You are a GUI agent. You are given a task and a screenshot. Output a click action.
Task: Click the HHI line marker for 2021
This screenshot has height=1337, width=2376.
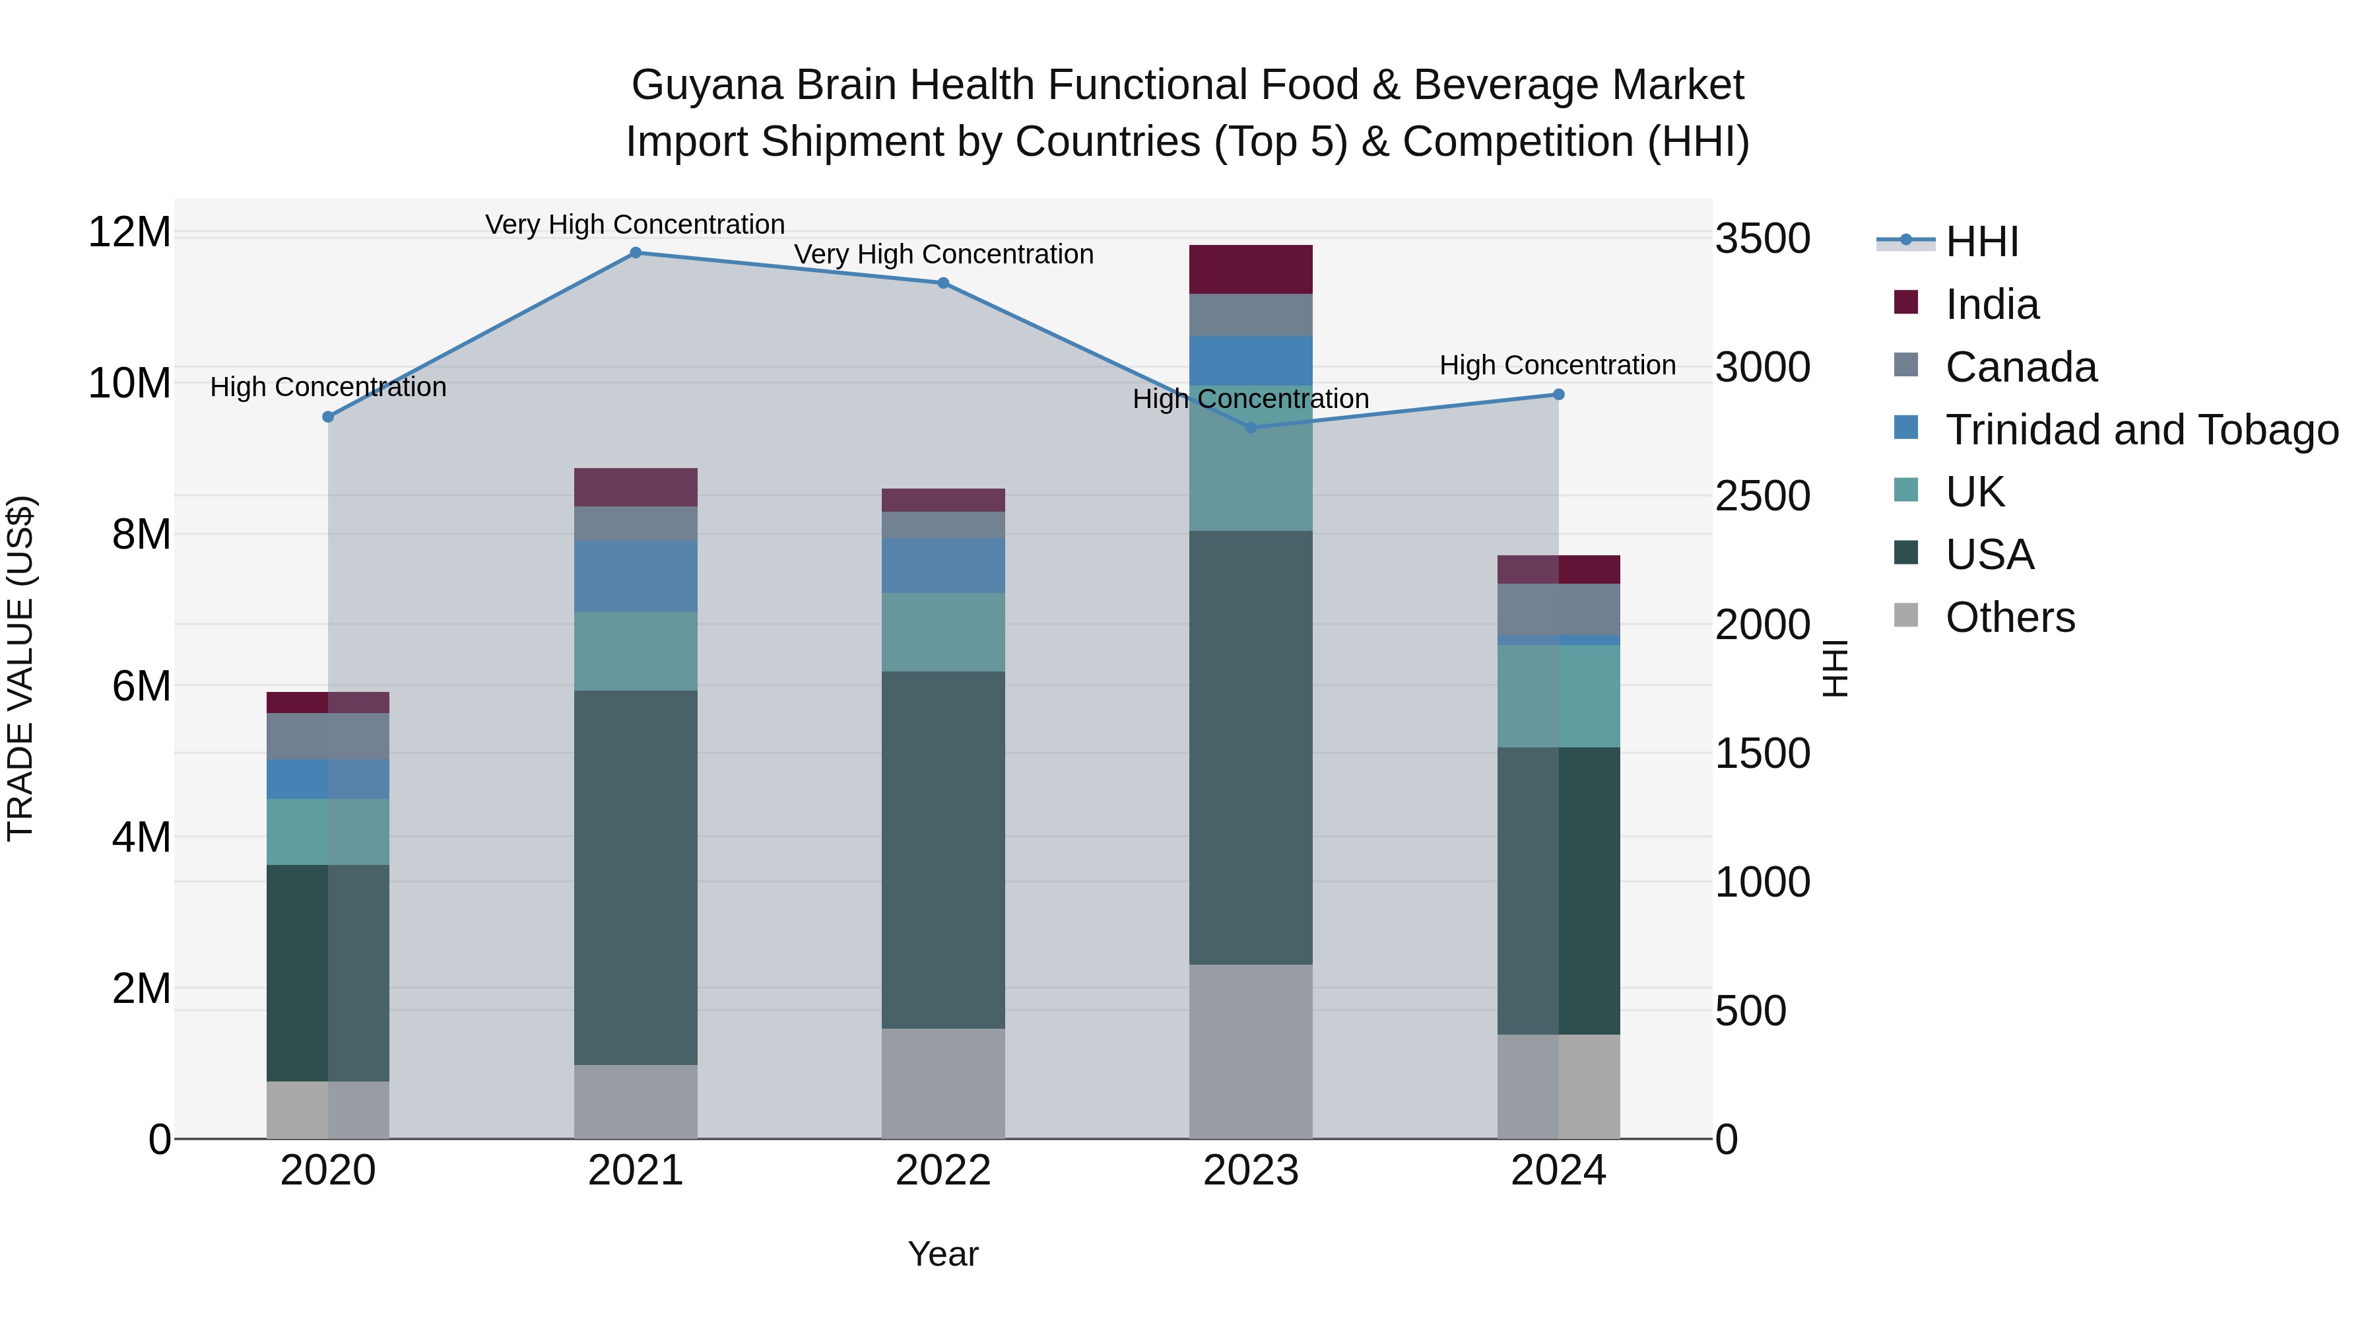636,253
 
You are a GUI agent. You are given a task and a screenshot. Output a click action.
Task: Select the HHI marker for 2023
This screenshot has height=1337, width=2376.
1251,427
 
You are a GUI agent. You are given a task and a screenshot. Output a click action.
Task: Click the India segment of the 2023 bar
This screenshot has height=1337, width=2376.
1251,269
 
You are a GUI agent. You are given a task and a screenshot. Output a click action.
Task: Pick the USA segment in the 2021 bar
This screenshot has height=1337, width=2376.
636,877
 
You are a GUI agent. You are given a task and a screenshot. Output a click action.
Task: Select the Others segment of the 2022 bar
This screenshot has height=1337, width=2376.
942,1083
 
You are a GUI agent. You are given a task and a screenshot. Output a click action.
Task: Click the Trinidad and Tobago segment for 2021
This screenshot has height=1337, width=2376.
636,576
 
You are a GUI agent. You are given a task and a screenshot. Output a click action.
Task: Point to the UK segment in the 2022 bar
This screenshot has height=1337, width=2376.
942,632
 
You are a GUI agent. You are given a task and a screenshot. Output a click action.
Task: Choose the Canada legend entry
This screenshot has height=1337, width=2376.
2020,367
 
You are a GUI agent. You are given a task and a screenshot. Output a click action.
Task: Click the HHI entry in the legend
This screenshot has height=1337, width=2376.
1981,242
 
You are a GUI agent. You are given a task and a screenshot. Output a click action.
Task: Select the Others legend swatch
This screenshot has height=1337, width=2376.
1905,615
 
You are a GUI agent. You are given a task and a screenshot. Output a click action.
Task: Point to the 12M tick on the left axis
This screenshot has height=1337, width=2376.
129,232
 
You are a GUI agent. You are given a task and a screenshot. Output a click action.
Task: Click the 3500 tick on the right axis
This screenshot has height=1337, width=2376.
1762,239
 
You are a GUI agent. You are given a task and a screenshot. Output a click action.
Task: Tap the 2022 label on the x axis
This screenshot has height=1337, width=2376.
942,1171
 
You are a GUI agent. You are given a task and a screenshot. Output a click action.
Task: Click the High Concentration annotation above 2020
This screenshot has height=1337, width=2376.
329,387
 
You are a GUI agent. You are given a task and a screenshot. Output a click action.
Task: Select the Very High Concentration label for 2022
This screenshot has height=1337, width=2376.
944,254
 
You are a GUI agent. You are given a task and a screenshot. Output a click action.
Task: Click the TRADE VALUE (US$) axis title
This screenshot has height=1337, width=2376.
20,668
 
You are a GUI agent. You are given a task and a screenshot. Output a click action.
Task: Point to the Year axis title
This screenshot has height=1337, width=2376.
942,1254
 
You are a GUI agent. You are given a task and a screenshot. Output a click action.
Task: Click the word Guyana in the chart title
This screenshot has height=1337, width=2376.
708,85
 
